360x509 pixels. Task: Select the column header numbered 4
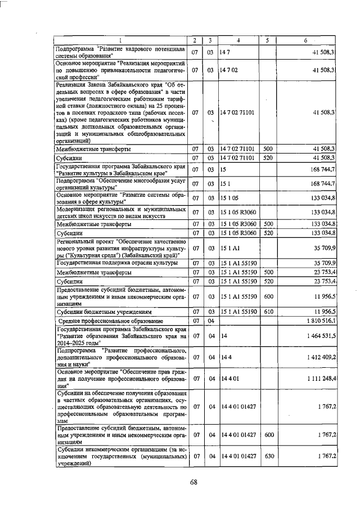coord(238,40)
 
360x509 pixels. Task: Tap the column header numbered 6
coord(306,40)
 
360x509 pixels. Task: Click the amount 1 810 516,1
coord(318,320)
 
